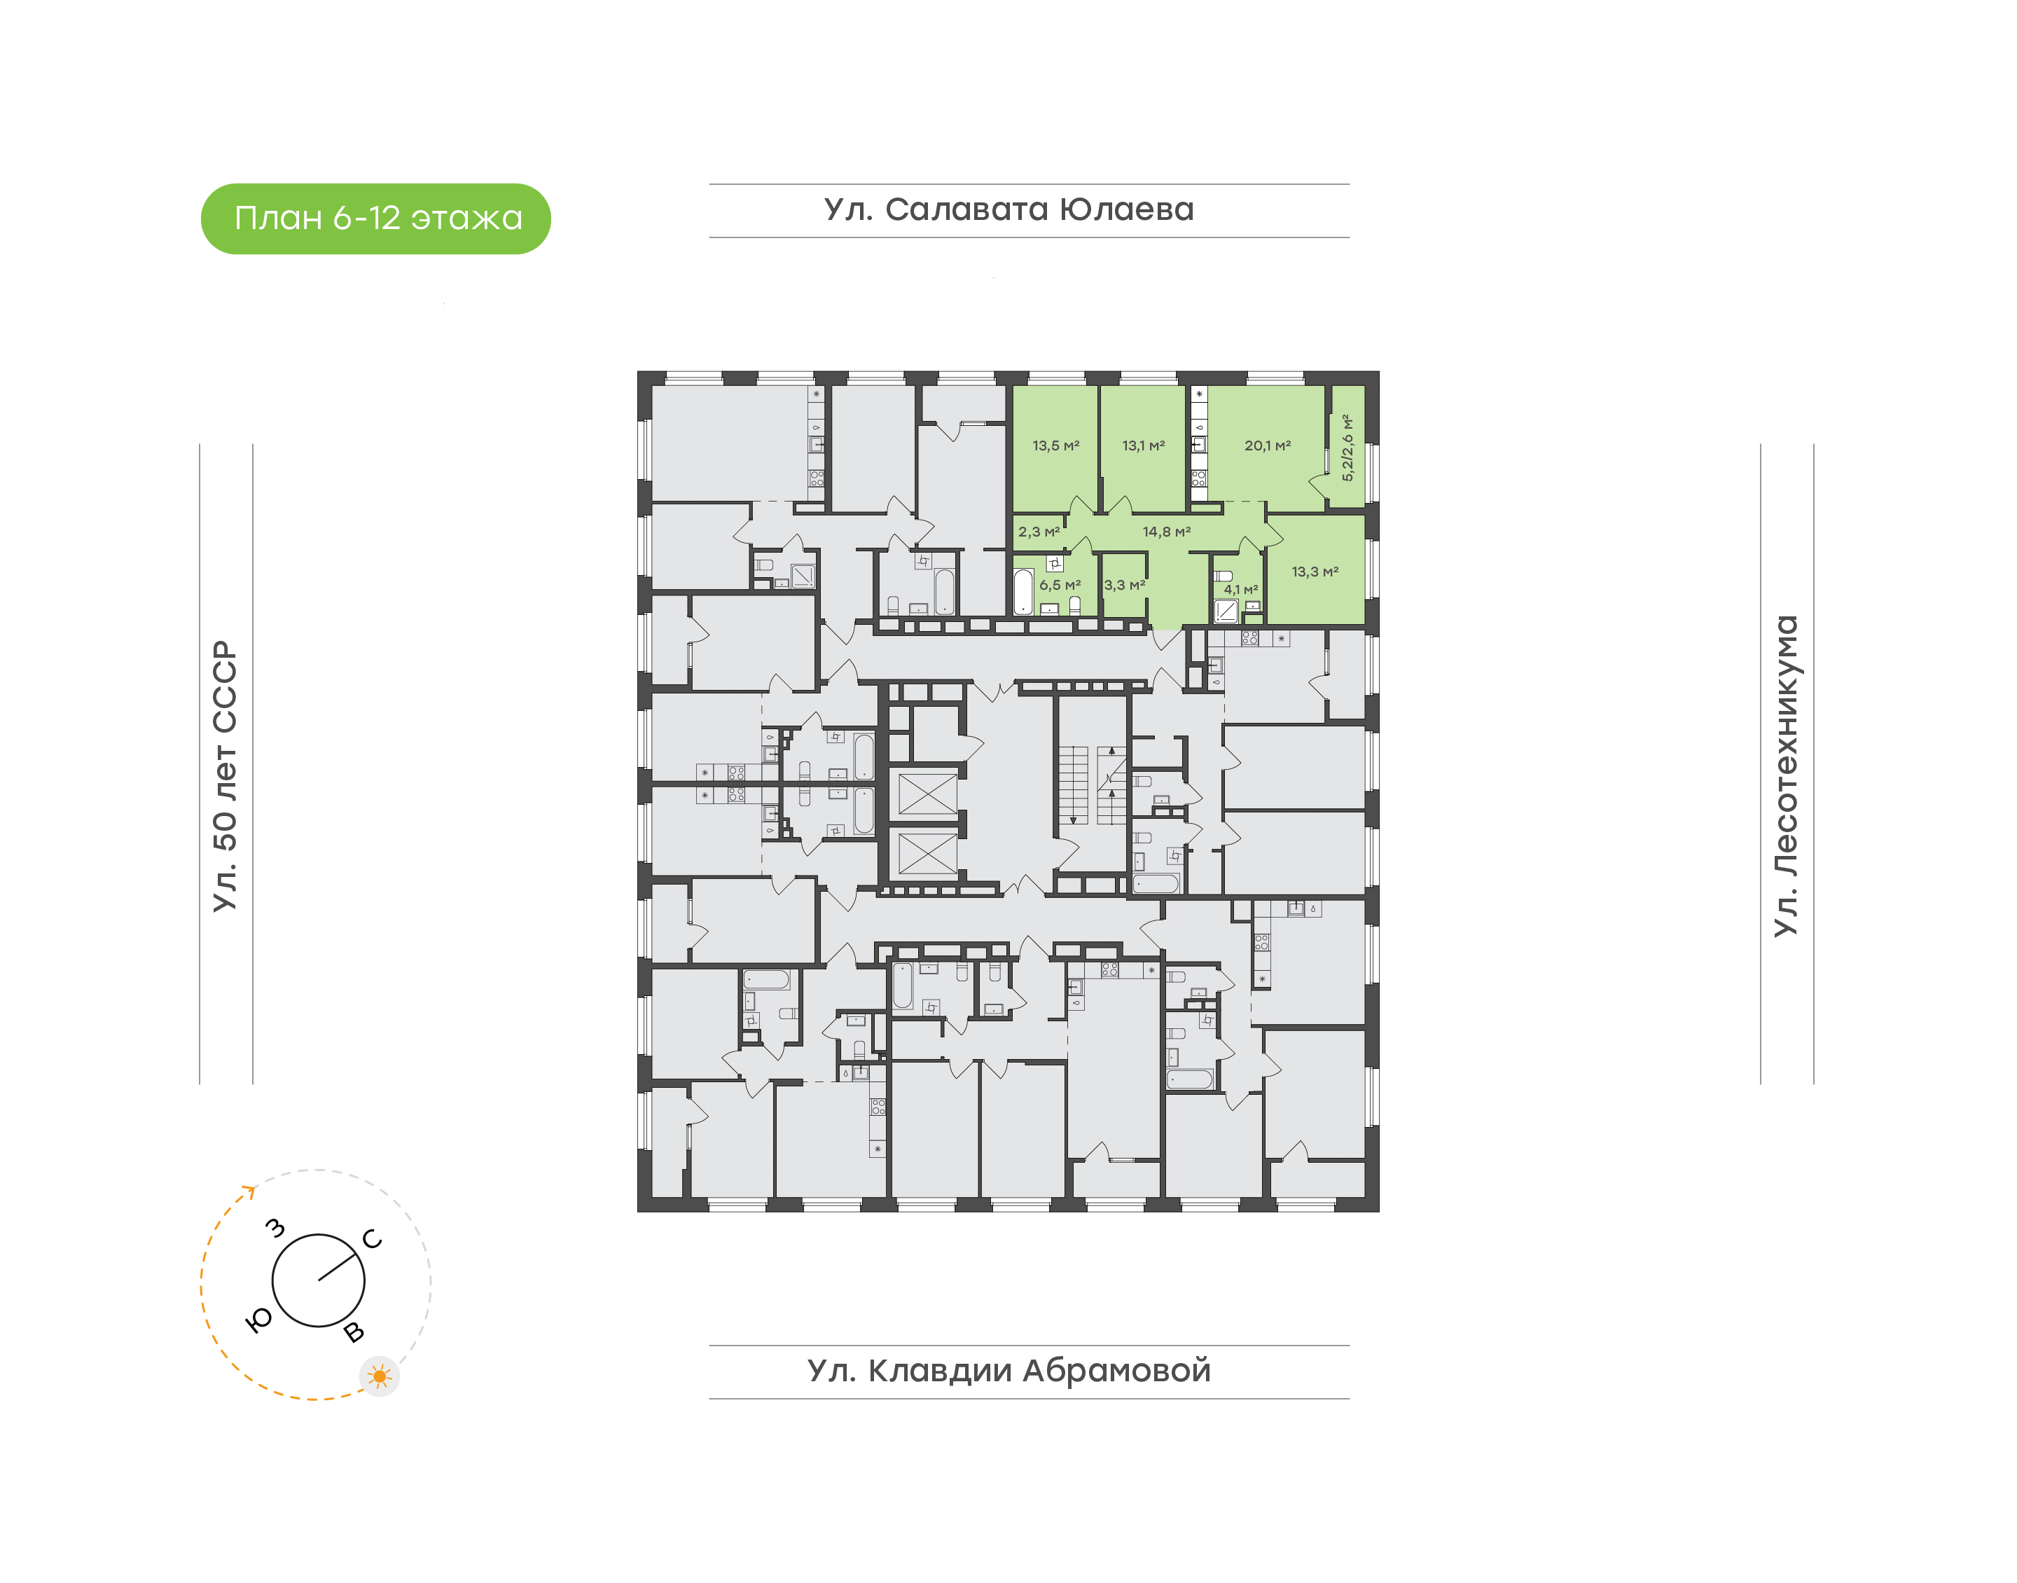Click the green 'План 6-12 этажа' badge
click(x=375, y=219)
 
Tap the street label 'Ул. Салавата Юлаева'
click(x=1009, y=209)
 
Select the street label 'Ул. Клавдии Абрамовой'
click(x=1009, y=1371)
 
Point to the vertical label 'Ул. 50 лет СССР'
click(x=225, y=776)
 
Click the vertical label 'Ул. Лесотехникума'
click(x=1785, y=776)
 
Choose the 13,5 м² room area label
click(x=1056, y=445)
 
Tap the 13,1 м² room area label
click(x=1143, y=445)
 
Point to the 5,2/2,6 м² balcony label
click(x=1348, y=448)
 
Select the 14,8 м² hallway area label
click(x=1167, y=532)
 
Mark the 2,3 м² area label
click(x=1039, y=532)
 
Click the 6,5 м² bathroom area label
click(x=1060, y=586)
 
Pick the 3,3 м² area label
click(x=1125, y=586)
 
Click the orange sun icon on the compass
click(x=379, y=1376)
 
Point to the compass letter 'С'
click(x=373, y=1239)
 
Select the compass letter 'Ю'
click(x=259, y=1321)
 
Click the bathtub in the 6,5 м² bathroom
click(x=1023, y=591)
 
